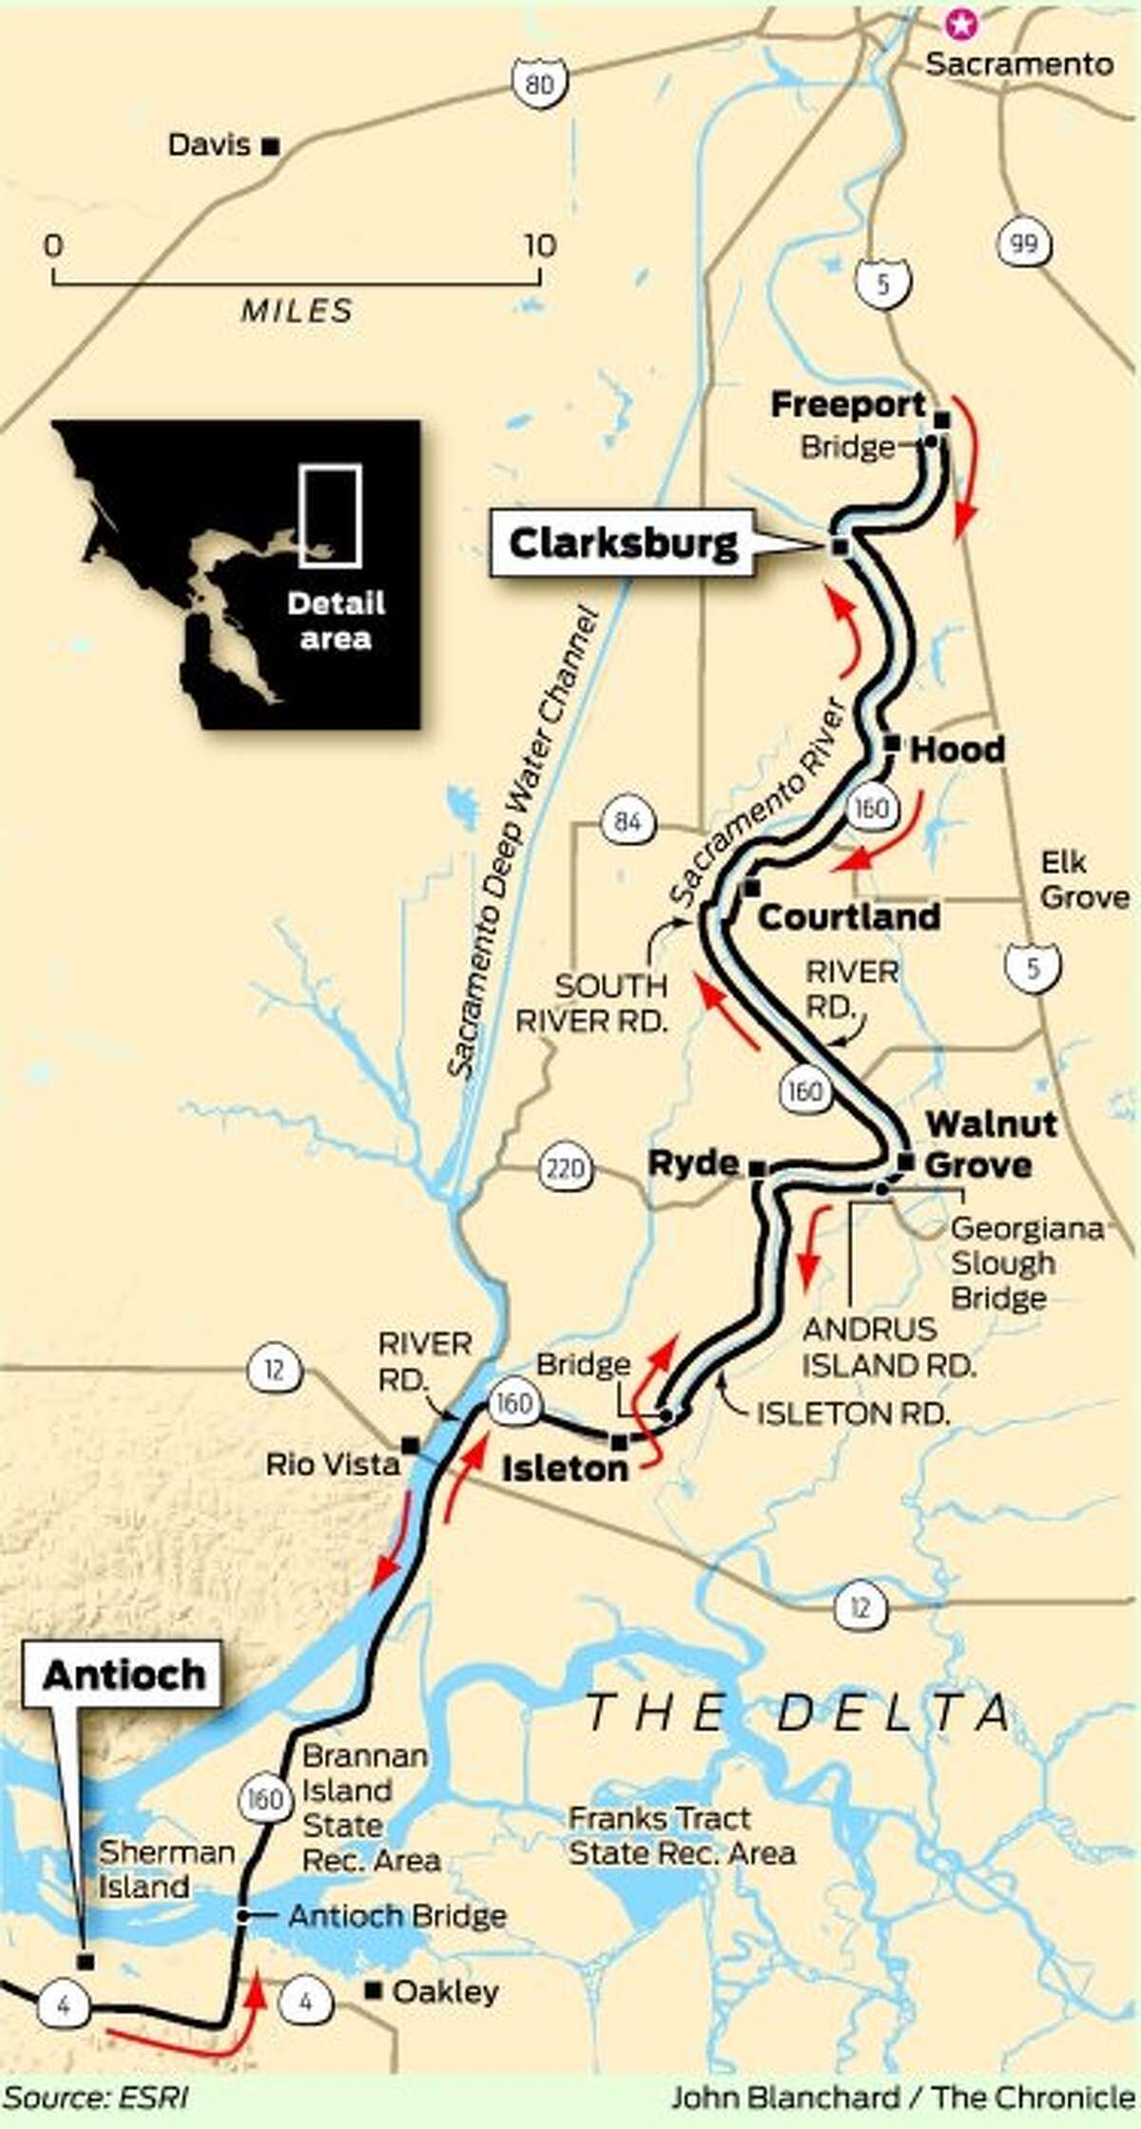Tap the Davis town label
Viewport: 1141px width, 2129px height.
[209, 145]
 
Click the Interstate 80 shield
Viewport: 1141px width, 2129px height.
[536, 85]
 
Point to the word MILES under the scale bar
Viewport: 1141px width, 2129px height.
[296, 310]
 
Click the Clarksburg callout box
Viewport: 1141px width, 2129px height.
[623, 545]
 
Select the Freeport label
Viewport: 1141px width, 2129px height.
[847, 406]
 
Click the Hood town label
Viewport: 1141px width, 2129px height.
[957, 750]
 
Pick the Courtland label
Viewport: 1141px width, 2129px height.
[849, 917]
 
